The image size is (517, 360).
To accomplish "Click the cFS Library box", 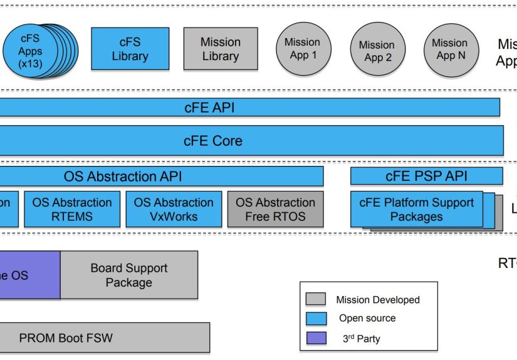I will [130, 49].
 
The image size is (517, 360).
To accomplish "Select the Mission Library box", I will [220, 49].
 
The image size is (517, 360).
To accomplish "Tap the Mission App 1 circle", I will [302, 49].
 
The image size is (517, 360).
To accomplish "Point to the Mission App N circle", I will [449, 49].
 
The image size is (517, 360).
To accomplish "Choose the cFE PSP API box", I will [426, 176].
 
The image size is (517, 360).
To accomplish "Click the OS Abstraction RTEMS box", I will [72, 209].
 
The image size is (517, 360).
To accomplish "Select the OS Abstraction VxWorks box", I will [174, 209].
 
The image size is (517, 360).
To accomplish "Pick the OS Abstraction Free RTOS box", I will [275, 209].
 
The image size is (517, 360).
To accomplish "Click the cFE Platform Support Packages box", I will [416, 209].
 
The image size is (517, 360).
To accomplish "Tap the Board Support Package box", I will [129, 275].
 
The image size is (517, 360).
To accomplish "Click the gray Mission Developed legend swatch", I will [316, 300].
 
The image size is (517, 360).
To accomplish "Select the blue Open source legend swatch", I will [316, 319].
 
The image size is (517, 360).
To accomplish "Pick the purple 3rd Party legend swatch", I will [316, 338].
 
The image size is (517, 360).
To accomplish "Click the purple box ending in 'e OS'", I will [28, 275].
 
